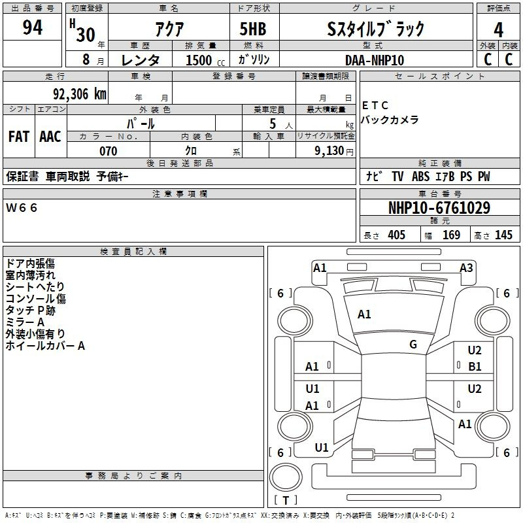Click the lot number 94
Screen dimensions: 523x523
(32, 28)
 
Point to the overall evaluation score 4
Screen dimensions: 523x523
(498, 29)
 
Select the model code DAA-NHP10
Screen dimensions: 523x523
(375, 60)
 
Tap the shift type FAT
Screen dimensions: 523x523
(18, 136)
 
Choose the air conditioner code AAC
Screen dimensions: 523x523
(50, 136)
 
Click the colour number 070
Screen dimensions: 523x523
(108, 151)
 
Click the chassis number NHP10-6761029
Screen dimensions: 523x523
(439, 208)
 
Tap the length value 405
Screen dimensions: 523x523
(396, 235)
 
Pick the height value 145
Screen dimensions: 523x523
(503, 235)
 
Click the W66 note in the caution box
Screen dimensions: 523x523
(22, 208)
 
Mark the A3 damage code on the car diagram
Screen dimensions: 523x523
(466, 267)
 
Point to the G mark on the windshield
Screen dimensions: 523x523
(413, 345)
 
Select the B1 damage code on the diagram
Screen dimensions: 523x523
(475, 367)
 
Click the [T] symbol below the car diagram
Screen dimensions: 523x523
(286, 500)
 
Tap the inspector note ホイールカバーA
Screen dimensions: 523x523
(45, 346)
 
